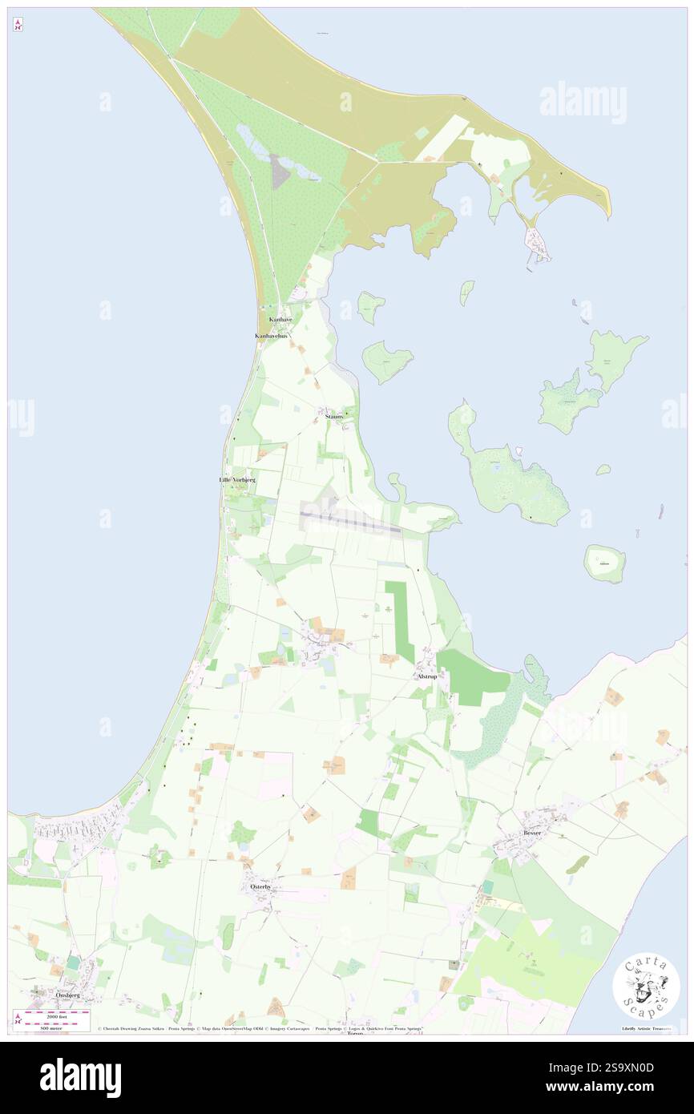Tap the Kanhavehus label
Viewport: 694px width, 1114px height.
click(x=271, y=336)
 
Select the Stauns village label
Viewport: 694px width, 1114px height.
click(x=335, y=417)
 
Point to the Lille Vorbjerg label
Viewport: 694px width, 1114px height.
click(x=237, y=479)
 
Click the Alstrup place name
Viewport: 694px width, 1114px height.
click(x=427, y=677)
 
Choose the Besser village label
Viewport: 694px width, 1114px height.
click(x=532, y=833)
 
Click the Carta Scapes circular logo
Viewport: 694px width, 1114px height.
click(x=646, y=986)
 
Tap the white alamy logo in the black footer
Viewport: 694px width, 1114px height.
click(x=80, y=1078)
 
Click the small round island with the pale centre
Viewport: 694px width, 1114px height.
click(x=603, y=563)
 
